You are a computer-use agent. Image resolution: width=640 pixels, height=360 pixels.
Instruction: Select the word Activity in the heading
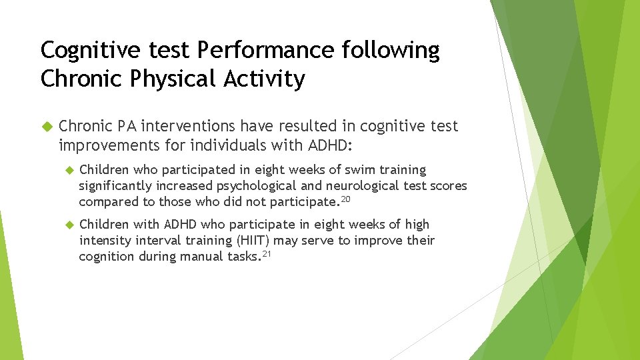coord(266,79)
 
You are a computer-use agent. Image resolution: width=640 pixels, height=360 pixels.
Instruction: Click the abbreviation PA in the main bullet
coord(132,127)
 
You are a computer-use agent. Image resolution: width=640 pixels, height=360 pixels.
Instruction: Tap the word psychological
coord(255,186)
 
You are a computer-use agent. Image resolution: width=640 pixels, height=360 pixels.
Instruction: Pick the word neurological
coord(359,186)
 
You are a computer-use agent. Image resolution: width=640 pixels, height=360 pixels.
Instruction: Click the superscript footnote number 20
coord(346,199)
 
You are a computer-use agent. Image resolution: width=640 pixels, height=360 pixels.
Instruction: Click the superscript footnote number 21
coord(265,254)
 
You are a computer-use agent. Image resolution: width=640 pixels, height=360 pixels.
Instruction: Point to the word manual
coord(195,257)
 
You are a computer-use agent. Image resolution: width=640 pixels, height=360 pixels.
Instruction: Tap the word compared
coord(107,202)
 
